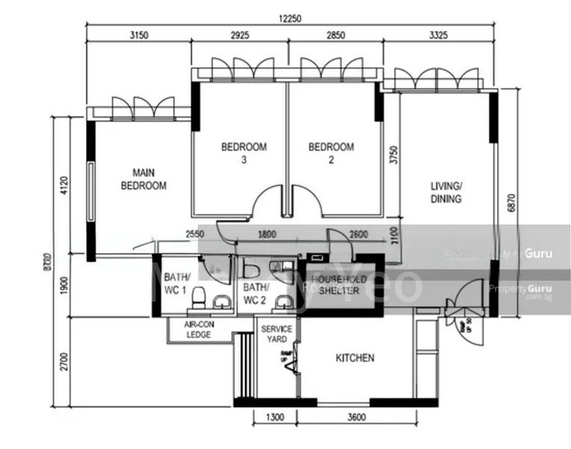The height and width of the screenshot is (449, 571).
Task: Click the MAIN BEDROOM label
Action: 143,179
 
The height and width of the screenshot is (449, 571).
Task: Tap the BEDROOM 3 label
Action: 244,153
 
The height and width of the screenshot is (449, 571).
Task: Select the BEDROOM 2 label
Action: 331,153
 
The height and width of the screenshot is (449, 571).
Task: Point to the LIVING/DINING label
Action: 446,192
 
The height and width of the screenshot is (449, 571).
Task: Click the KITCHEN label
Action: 354,358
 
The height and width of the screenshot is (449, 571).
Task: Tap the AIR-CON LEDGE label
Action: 199,329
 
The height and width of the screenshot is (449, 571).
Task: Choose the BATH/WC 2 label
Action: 256,293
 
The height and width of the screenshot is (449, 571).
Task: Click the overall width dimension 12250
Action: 290,19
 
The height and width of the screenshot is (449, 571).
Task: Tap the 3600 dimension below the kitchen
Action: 356,418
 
